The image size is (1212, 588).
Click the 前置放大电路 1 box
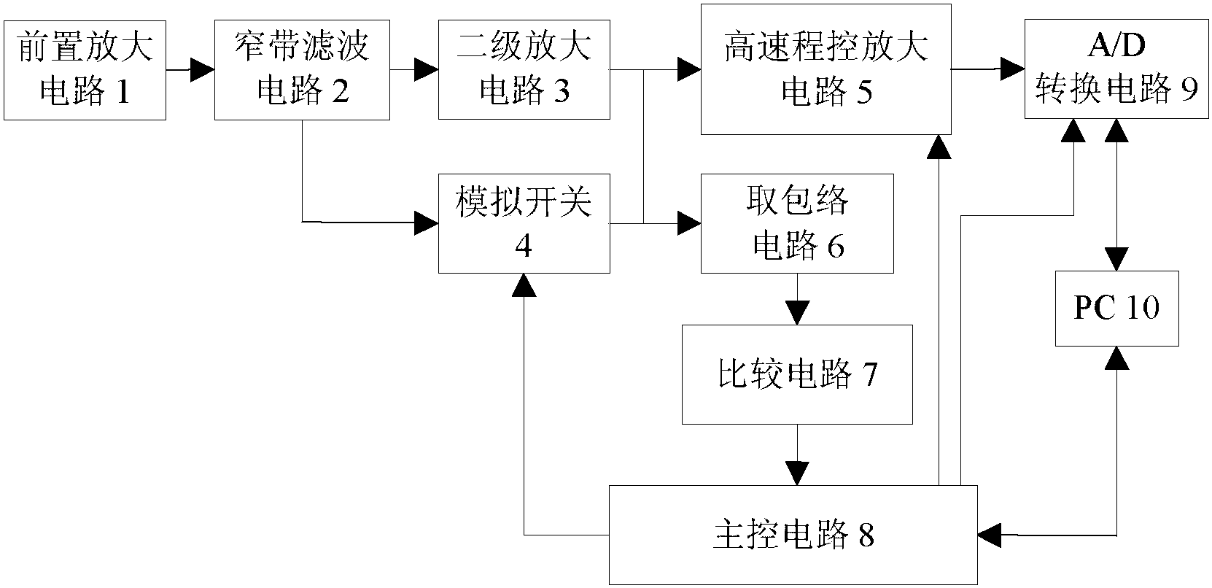tap(85, 70)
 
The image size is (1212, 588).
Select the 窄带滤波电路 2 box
tap(302, 70)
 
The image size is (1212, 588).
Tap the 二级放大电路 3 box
tap(524, 70)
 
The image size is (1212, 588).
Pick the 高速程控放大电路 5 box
tap(826, 69)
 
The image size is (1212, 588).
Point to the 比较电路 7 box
tap(797, 374)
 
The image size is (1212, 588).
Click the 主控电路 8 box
tap(793, 535)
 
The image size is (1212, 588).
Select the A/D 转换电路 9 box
tap(1116, 70)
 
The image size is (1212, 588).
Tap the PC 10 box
tap(1116, 309)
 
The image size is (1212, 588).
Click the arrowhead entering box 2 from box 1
tap(203, 70)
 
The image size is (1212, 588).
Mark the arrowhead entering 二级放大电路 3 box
tap(427, 70)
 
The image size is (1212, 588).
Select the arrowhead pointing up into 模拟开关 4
tap(524, 285)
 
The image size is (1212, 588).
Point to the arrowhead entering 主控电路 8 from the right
tap(988, 535)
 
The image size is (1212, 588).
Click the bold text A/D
tap(1116, 45)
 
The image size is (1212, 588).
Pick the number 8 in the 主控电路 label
tap(866, 535)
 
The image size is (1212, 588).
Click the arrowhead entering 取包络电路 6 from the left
tap(689, 223)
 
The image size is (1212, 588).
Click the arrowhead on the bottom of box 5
tap(939, 147)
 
